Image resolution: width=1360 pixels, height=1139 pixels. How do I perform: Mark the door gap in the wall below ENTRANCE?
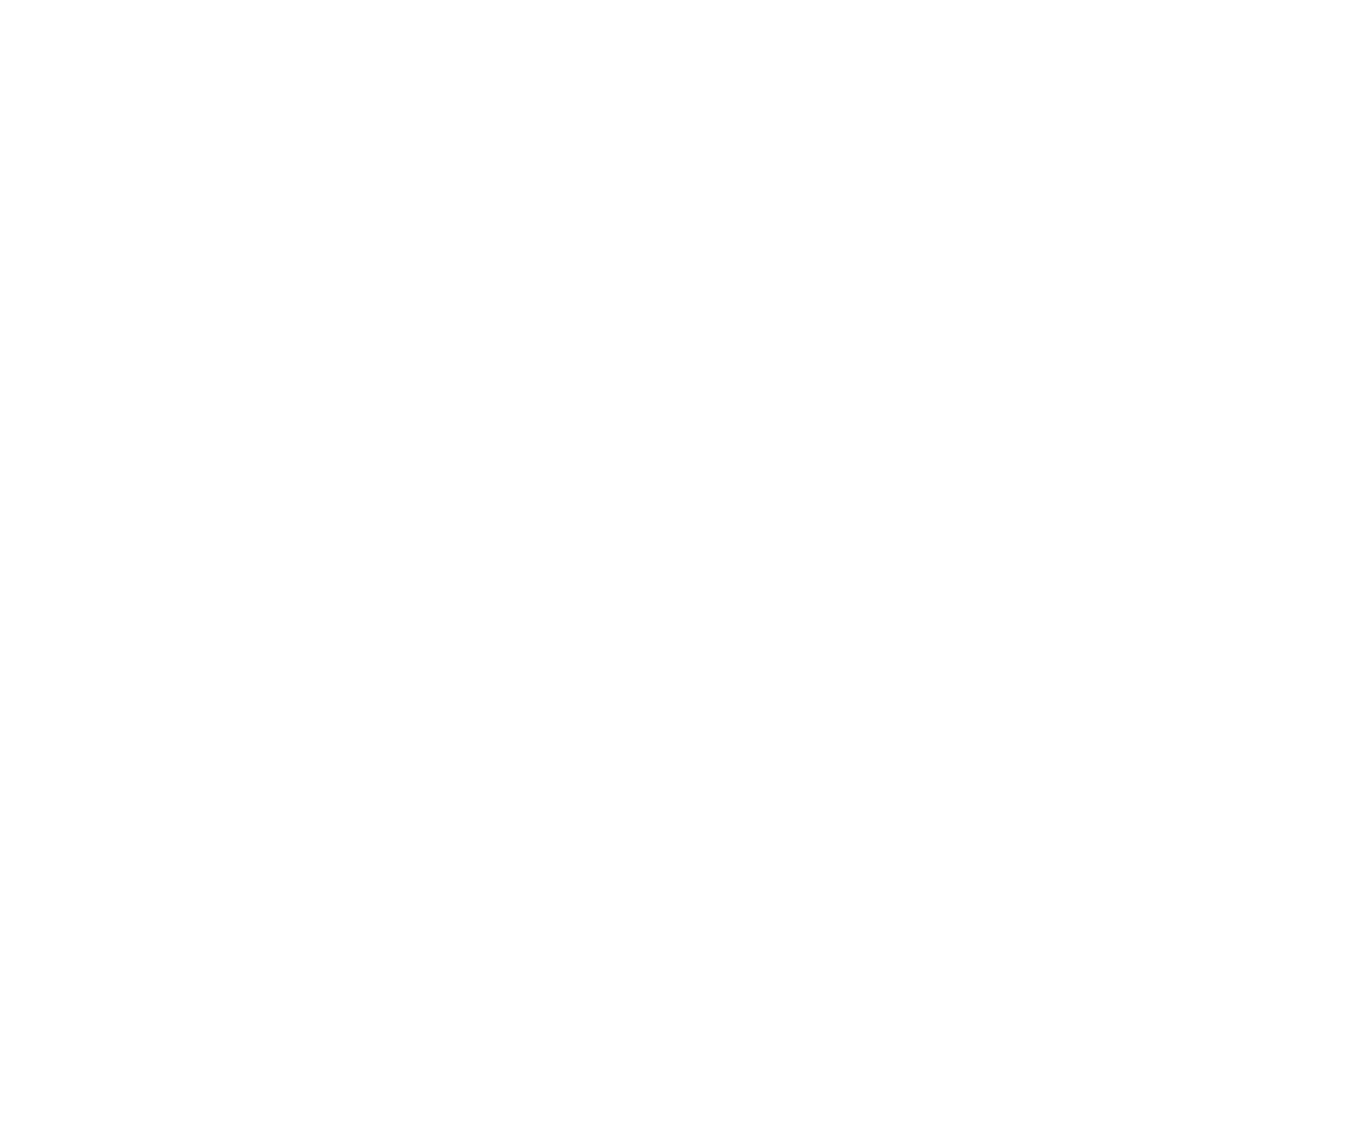click(241, 495)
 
